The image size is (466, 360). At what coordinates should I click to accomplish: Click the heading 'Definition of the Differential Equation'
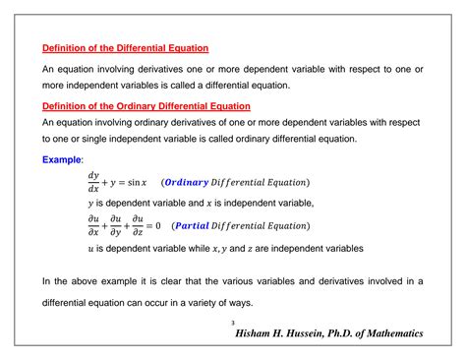pyautogui.click(x=125, y=47)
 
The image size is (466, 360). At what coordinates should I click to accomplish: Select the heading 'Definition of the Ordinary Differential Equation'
pyautogui.click(x=146, y=105)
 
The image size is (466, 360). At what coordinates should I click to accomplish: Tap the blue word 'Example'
pyautogui.click(x=62, y=158)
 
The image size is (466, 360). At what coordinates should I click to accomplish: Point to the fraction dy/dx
pyautogui.click(x=93, y=182)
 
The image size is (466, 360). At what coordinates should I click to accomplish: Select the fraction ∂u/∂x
pyautogui.click(x=93, y=226)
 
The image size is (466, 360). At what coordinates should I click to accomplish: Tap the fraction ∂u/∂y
pyautogui.click(x=115, y=226)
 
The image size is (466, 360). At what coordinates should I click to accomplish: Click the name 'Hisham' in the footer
pyautogui.click(x=261, y=334)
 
